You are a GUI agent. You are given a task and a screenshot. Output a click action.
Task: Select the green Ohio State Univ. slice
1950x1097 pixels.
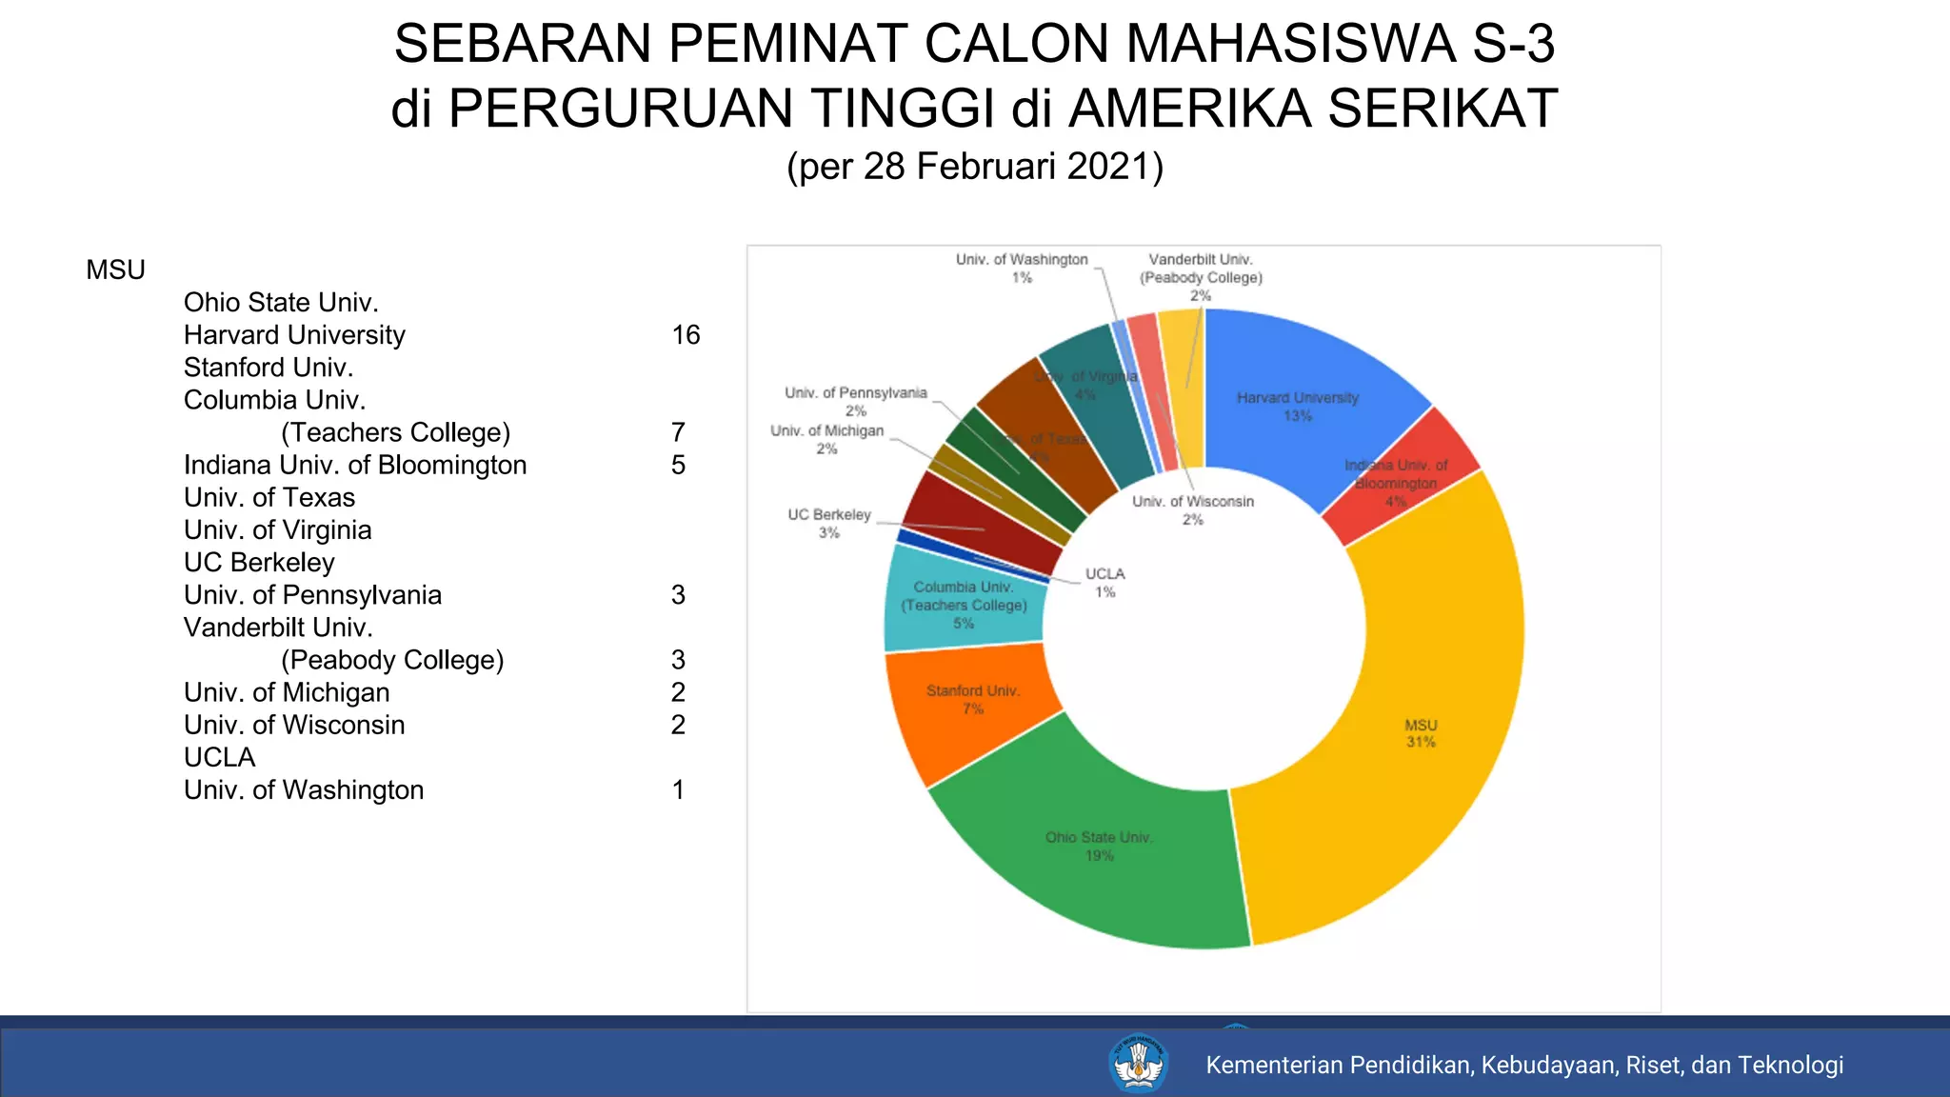(1095, 857)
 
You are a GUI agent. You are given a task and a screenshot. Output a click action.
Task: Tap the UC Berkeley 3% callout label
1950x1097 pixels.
(828, 524)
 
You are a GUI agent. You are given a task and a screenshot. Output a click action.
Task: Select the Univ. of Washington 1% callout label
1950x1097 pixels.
(1022, 268)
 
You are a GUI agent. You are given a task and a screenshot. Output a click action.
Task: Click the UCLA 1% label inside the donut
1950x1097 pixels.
(1104, 583)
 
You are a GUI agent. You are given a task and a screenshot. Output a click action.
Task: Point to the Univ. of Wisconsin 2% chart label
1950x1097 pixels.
(1193, 510)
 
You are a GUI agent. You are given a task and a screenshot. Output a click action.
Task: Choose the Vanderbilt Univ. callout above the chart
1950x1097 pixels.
(1201, 276)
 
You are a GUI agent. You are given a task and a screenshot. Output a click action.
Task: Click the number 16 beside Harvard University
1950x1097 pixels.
(686, 335)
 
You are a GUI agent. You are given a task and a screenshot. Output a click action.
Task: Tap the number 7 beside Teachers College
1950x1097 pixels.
(678, 432)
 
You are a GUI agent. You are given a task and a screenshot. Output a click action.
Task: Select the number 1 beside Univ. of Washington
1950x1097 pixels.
(678, 789)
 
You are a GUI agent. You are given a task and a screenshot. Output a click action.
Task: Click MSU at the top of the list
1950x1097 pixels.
(115, 270)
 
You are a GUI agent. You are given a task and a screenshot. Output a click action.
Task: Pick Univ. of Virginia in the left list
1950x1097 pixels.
(277, 530)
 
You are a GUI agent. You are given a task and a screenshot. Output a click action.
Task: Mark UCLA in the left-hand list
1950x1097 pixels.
(219, 757)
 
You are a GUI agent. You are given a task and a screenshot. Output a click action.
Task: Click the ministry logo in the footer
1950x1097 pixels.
(1138, 1064)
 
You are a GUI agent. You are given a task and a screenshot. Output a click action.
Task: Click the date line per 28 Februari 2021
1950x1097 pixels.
(975, 166)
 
